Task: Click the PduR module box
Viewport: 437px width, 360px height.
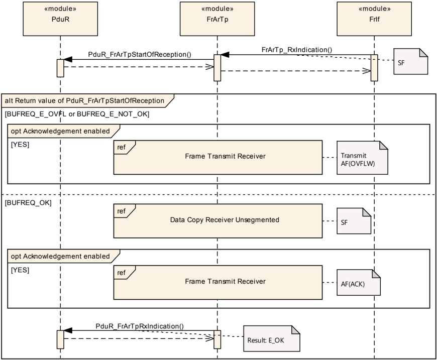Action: coord(60,19)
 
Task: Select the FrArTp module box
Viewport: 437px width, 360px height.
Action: coord(217,19)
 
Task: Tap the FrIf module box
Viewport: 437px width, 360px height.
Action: coord(374,19)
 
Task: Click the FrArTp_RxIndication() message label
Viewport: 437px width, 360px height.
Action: coord(297,50)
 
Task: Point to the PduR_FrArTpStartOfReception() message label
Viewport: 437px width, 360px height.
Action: coord(140,54)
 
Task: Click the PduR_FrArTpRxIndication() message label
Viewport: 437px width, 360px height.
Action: coord(140,326)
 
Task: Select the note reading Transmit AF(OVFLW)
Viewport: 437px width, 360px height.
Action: coord(362,158)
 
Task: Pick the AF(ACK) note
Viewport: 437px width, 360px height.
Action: coord(359,283)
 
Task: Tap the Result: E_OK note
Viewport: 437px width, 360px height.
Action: coord(272,338)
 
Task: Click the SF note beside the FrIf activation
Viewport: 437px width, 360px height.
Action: coord(410,61)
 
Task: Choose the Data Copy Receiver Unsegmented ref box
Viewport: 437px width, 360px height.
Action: coord(218,221)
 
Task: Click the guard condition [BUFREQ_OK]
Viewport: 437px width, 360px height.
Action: coord(28,203)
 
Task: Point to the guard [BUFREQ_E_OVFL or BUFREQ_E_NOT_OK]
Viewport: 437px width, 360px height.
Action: coord(77,114)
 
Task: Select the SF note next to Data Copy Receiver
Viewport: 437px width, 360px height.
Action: coord(354,221)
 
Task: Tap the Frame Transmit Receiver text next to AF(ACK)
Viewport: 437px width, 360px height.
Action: coord(225,282)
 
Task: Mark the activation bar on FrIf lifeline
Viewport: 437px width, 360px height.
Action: coord(374,68)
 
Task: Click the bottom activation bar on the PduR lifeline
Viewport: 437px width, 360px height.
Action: coord(60,339)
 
